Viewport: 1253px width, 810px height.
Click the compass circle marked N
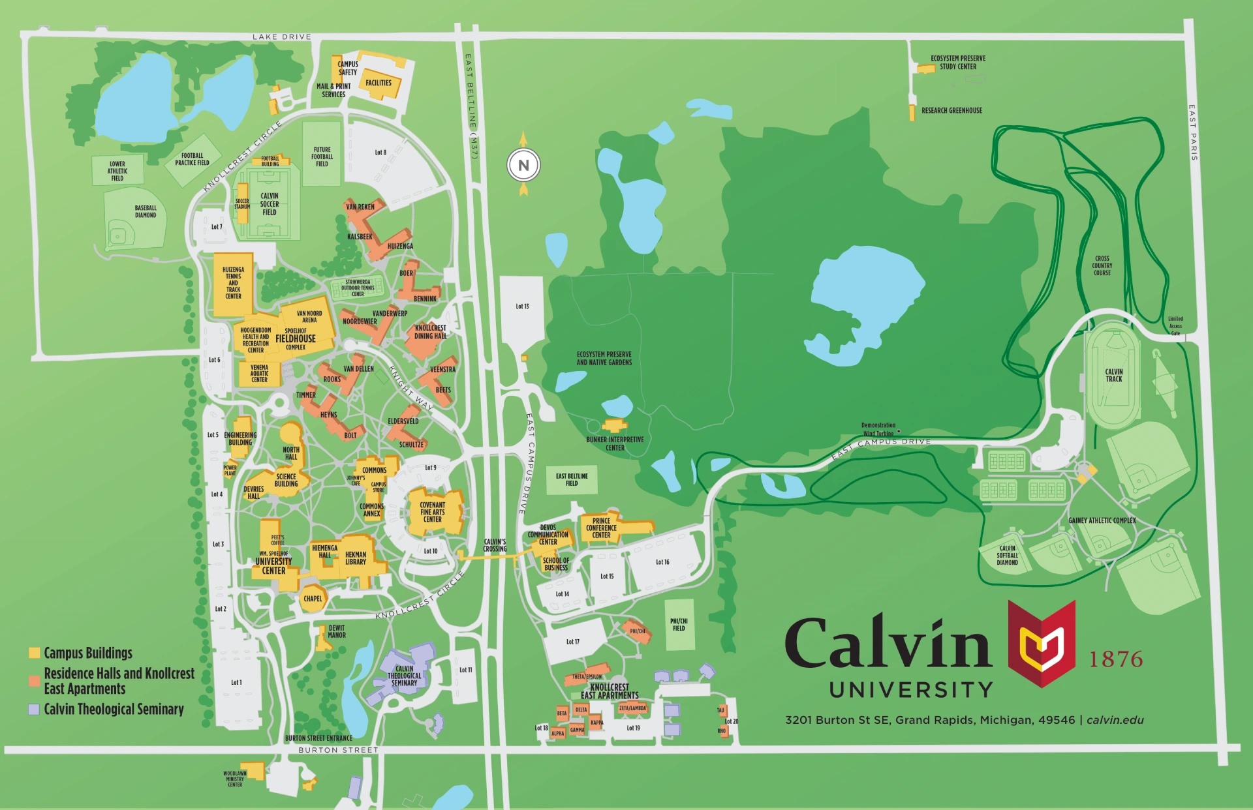(x=523, y=166)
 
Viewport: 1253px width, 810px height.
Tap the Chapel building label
(x=313, y=599)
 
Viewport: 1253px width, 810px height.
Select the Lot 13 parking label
(x=522, y=307)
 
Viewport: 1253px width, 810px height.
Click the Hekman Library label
(x=356, y=558)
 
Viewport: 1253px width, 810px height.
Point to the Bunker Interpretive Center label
(x=615, y=443)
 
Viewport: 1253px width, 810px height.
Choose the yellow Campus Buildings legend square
(x=35, y=653)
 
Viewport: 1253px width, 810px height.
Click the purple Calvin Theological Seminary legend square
(x=35, y=709)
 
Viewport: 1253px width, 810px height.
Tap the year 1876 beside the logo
(x=1116, y=659)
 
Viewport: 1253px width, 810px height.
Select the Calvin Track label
(x=1114, y=376)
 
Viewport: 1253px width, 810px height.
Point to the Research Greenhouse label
(x=951, y=111)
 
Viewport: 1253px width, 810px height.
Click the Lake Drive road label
(x=282, y=37)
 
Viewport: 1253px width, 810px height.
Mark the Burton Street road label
(x=338, y=750)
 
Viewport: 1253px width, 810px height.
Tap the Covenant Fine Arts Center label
(x=432, y=512)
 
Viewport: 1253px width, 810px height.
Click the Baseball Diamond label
(x=146, y=211)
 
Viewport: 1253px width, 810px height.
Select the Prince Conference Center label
(x=601, y=528)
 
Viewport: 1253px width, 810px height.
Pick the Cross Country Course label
(x=1102, y=265)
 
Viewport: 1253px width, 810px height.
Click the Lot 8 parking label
(x=380, y=153)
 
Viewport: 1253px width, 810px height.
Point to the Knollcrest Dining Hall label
(x=430, y=332)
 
